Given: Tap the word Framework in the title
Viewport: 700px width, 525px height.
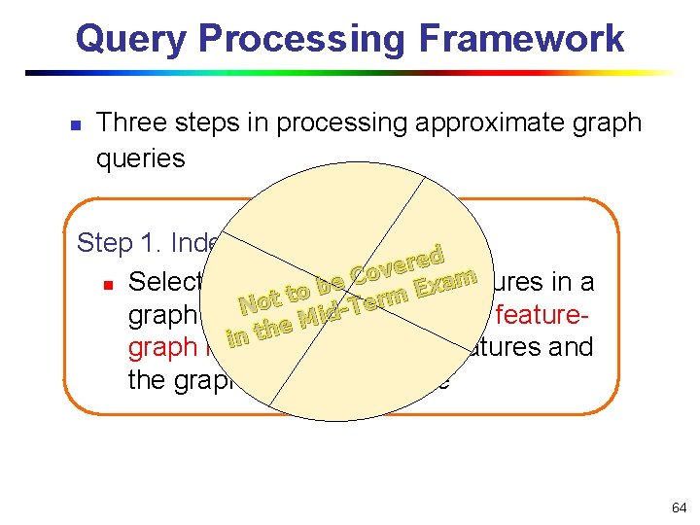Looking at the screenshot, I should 522,39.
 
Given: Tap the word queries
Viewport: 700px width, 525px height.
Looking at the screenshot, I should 140,158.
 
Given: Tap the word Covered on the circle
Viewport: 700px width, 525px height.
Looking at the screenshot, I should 399,262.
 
